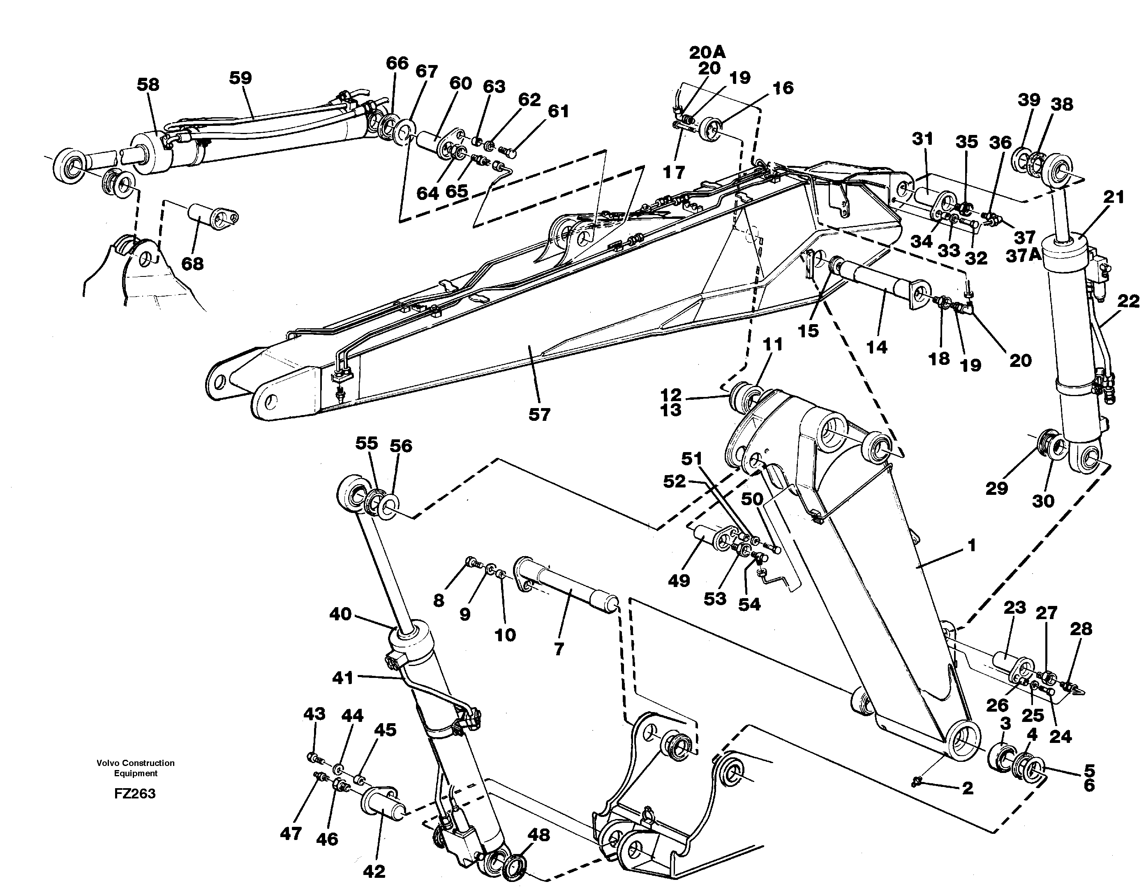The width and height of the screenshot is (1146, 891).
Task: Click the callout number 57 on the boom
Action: tap(539, 414)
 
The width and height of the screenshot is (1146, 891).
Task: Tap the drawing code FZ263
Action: tap(135, 794)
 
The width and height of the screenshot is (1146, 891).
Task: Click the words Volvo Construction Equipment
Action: tap(135, 768)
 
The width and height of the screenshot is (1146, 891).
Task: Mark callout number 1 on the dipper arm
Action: tap(971, 545)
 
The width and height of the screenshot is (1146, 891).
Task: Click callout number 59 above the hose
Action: tap(240, 78)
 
